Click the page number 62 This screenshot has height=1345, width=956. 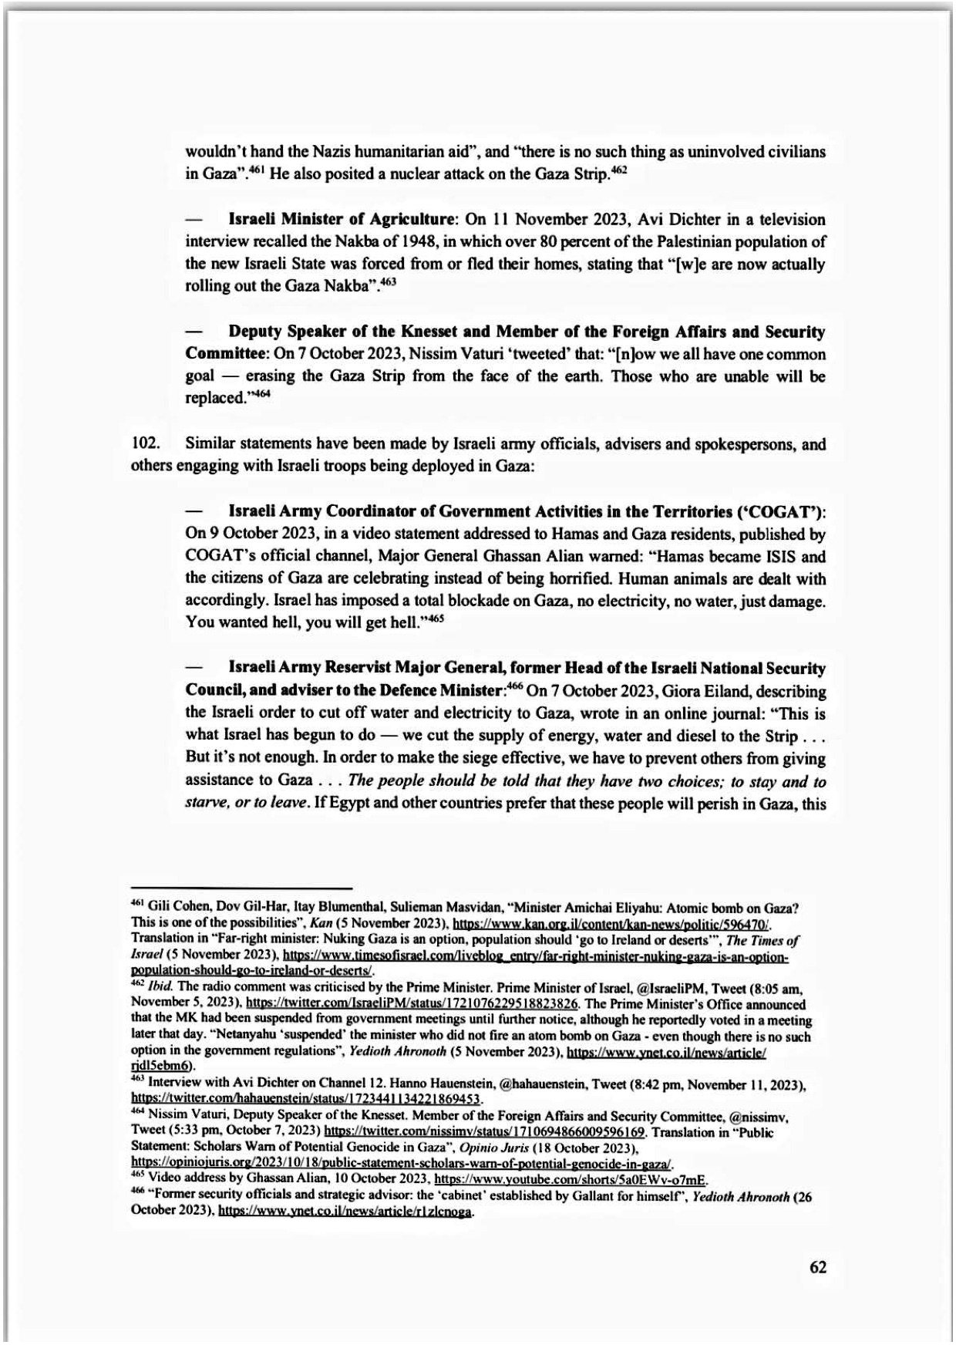[817, 1267]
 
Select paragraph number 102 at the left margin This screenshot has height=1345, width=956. [144, 444]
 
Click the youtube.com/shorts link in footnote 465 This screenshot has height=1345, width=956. [571, 1201]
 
